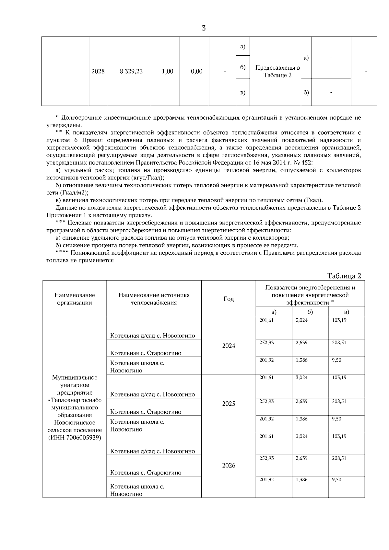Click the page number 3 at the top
(204, 28)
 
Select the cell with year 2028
(98, 71)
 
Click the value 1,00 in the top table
(168, 71)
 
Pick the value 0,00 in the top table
(197, 71)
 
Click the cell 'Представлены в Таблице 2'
(277, 71)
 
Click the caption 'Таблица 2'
(344, 276)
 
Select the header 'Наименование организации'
(75, 299)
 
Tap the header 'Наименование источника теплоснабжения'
(154, 299)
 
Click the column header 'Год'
(229, 299)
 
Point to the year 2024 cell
(229, 346)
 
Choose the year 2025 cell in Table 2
(229, 404)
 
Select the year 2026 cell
(229, 465)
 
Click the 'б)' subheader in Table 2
(310, 312)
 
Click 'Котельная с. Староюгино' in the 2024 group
(146, 353)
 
